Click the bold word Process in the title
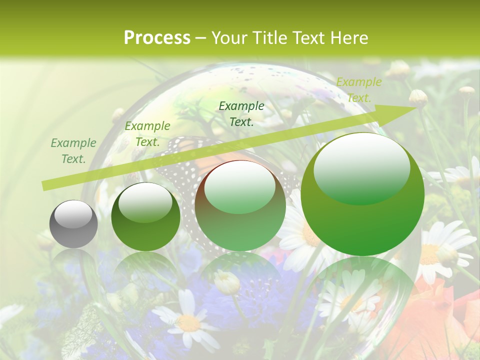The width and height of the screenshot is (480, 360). click(x=157, y=38)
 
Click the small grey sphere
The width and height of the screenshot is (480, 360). click(x=73, y=224)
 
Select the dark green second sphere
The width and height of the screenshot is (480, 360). click(x=145, y=217)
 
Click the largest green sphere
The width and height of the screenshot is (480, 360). click(x=362, y=195)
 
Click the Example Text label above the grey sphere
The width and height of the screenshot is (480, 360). click(x=73, y=151)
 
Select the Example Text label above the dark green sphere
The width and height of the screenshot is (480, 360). click(x=147, y=134)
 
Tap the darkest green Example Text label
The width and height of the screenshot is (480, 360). click(x=241, y=113)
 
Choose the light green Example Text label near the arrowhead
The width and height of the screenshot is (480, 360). click(x=358, y=89)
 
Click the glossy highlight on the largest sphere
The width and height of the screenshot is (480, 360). click(x=361, y=167)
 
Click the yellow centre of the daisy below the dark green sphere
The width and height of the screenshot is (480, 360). click(x=189, y=322)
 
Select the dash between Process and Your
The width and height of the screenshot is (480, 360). click(x=201, y=38)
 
